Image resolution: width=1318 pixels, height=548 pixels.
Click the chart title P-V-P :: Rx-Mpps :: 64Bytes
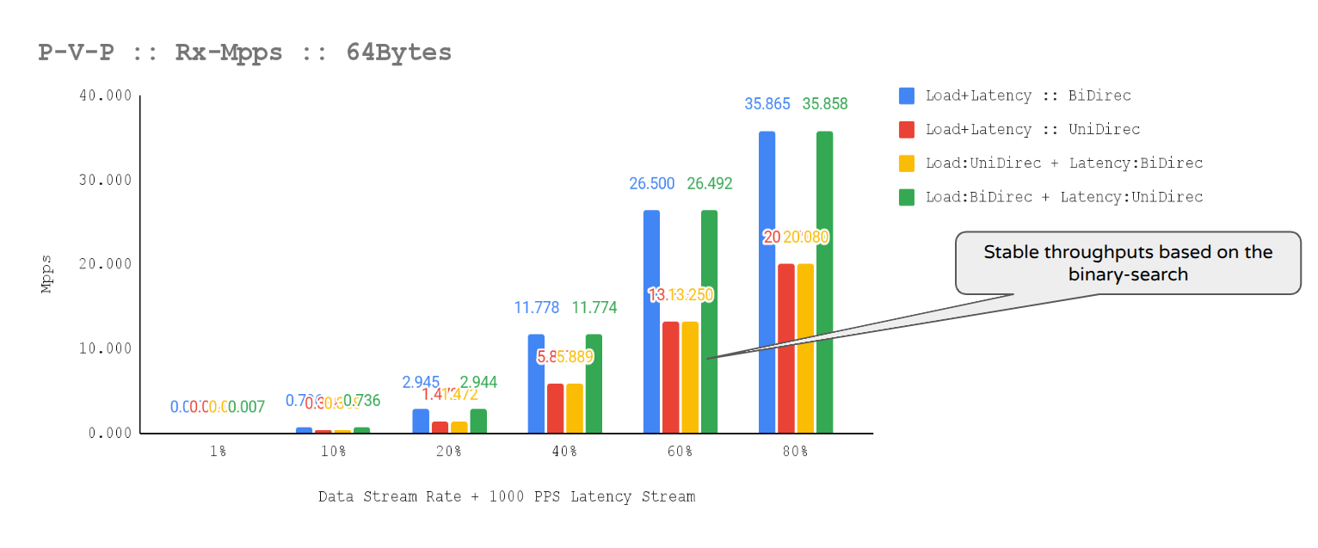(x=245, y=52)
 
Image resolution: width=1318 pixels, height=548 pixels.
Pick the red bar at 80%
(x=786, y=348)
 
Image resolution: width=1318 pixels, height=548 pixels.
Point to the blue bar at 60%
(x=651, y=322)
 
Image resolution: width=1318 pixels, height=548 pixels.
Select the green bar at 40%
(x=594, y=384)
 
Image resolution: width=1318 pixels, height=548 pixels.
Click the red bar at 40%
(x=556, y=409)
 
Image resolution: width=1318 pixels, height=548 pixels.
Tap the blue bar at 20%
(x=421, y=421)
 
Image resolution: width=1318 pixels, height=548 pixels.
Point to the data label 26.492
(x=709, y=183)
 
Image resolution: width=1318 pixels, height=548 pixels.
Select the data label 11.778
(x=537, y=308)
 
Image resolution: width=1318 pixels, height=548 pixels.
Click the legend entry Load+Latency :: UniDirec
(x=1032, y=129)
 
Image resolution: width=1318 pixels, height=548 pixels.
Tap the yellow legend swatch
(x=907, y=163)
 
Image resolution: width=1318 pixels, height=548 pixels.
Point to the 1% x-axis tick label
(x=218, y=452)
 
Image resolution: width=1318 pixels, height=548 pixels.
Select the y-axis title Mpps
(x=47, y=274)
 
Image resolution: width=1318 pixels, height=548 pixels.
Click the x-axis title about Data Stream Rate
(x=507, y=497)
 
